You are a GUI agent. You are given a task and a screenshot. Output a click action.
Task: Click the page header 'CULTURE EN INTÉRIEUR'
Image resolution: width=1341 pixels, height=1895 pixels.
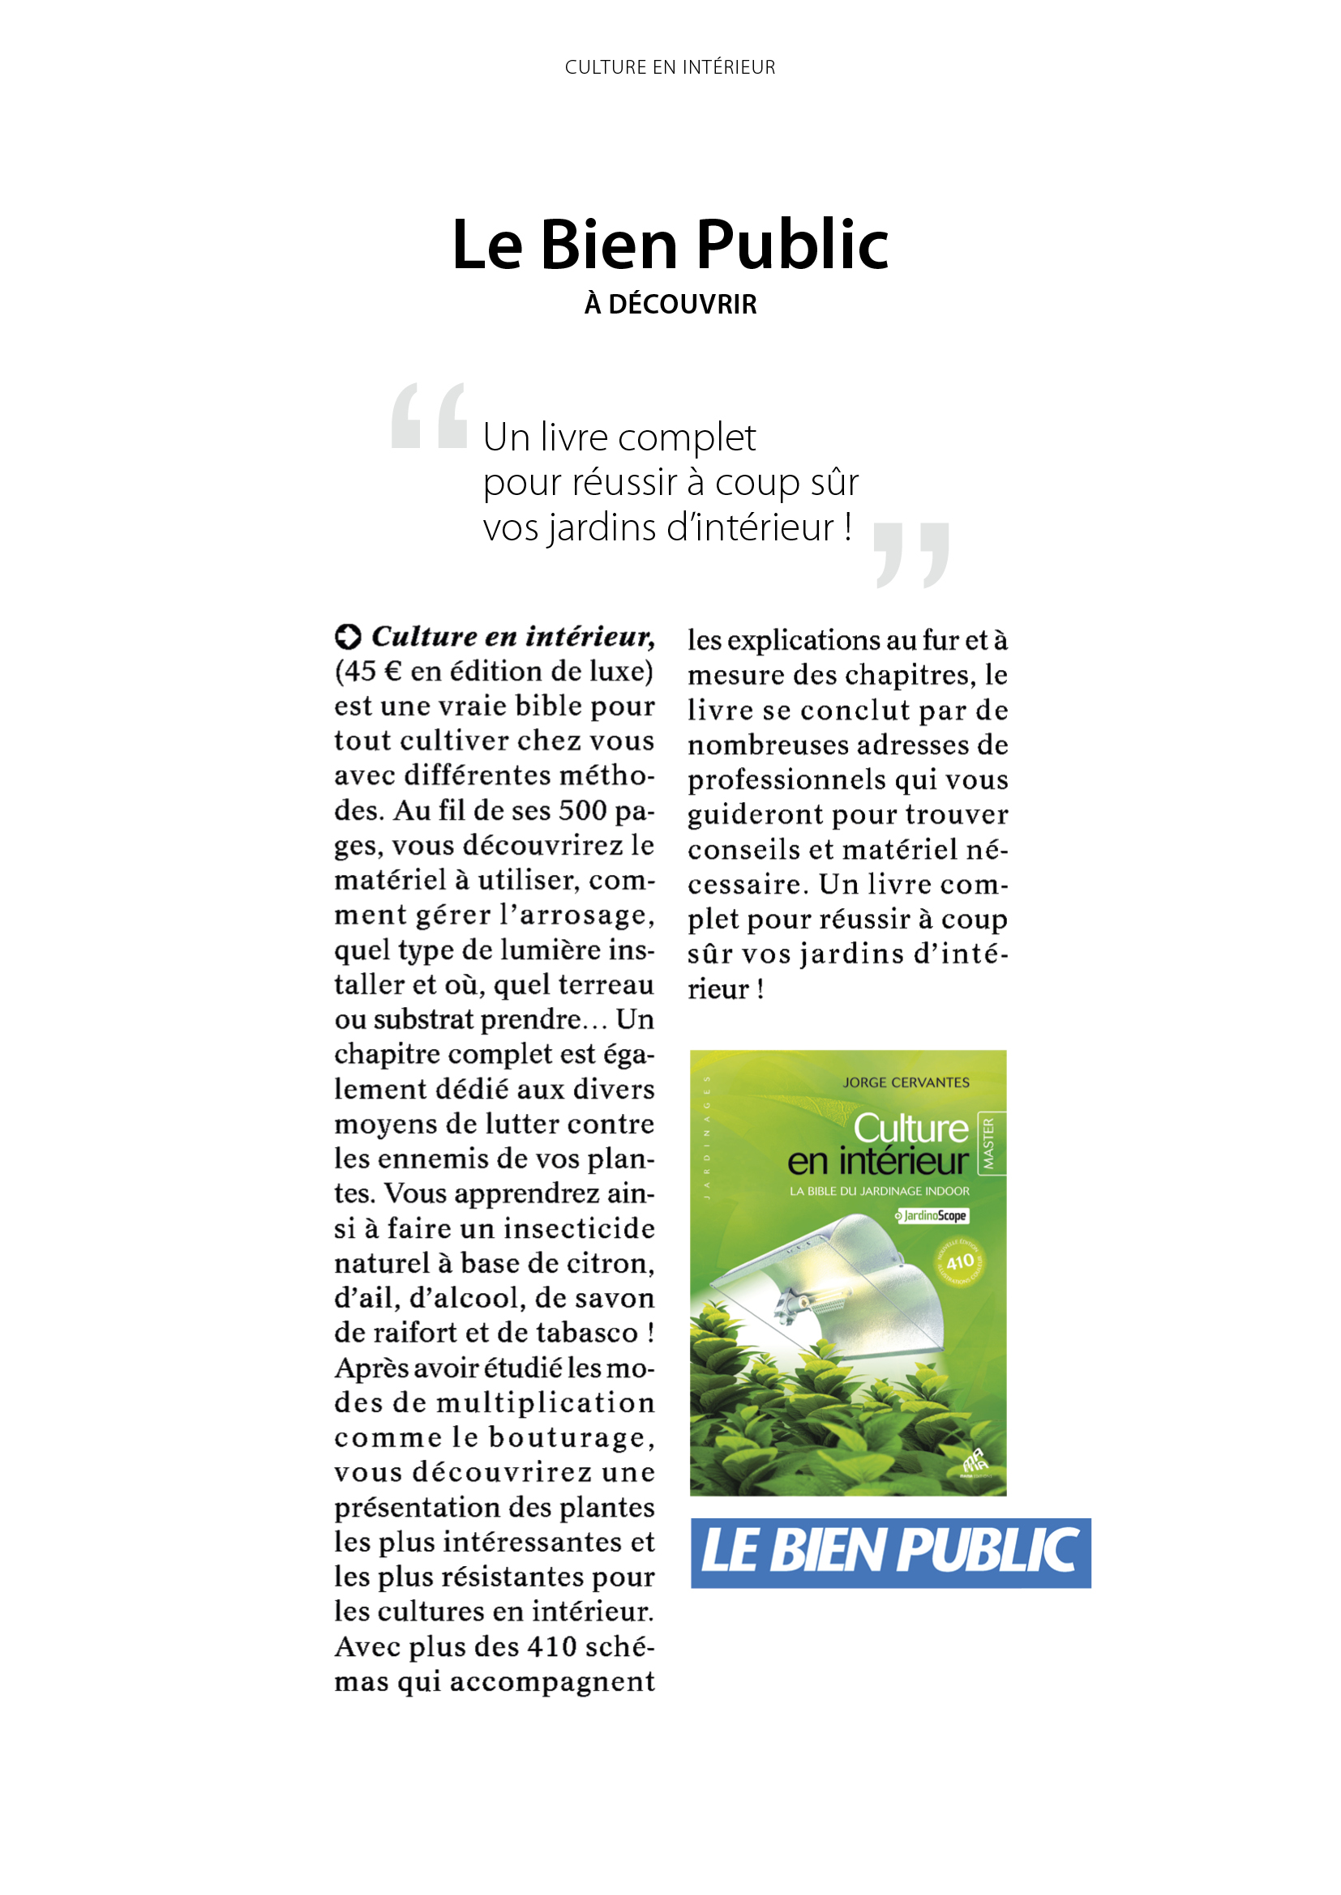pyautogui.click(x=670, y=67)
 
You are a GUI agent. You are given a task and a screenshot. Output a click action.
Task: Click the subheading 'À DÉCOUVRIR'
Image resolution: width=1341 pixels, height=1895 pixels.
pyautogui.click(x=670, y=305)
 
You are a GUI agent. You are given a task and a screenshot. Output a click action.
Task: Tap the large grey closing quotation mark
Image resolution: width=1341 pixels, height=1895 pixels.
pyautogui.click(x=911, y=555)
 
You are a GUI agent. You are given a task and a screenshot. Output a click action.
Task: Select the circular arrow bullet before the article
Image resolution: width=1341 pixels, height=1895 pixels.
pyautogui.click(x=348, y=636)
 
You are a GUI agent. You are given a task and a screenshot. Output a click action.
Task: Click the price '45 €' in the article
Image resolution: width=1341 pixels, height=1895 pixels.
pyautogui.click(x=371, y=672)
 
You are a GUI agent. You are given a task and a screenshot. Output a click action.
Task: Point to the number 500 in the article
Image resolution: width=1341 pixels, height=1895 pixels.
pyautogui.click(x=583, y=810)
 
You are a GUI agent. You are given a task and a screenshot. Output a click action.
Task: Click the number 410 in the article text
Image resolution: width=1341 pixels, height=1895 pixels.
pyautogui.click(x=551, y=1646)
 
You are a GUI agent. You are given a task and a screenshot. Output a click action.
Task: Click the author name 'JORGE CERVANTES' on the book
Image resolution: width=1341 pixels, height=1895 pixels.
pyautogui.click(x=906, y=1082)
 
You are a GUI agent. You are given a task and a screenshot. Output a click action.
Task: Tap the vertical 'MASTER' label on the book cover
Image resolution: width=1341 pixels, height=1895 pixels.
pyautogui.click(x=988, y=1143)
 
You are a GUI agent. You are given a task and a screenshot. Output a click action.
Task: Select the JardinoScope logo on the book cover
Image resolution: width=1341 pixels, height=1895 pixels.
pyautogui.click(x=932, y=1216)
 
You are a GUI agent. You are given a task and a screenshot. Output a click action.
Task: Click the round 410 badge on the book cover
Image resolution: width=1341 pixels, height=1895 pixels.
pyautogui.click(x=959, y=1262)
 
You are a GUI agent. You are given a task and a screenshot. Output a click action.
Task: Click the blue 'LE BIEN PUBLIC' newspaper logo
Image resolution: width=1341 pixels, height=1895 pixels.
pyautogui.click(x=890, y=1552)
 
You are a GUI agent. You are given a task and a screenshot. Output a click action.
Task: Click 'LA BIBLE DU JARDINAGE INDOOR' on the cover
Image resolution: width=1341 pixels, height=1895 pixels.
pyautogui.click(x=880, y=1191)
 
